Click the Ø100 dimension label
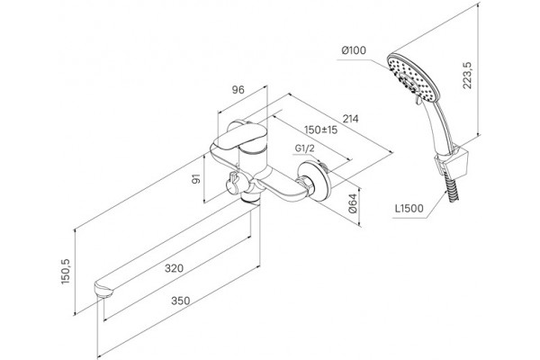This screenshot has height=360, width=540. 354,50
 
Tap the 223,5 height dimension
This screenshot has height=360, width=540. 468,76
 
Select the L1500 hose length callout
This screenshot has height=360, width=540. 409,209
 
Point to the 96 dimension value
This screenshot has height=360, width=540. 238,90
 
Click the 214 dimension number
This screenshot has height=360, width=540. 351,119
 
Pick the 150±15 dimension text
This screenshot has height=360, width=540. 321,130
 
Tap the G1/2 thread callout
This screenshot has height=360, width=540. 305,148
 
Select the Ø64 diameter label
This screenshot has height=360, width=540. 353,203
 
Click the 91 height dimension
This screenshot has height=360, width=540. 196,179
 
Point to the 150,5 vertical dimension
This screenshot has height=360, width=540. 66,272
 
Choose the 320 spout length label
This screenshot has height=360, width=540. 174,268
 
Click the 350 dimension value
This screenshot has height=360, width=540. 181,301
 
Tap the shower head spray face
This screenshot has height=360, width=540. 414,77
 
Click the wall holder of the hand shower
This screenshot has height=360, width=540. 449,160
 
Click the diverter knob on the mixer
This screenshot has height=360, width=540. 233,184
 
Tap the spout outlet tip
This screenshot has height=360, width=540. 103,290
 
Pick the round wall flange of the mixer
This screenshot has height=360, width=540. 315,181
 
